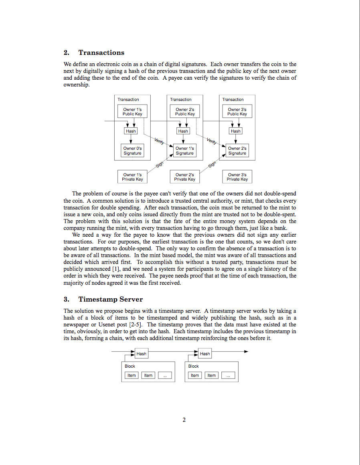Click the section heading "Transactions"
coord(101,53)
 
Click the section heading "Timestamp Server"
coord(110,300)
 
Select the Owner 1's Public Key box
coord(132,112)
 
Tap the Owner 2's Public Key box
coord(185,112)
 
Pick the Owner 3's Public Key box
coord(237,112)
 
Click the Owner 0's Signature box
coord(132,151)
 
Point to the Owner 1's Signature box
coord(185,151)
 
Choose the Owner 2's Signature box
coord(237,151)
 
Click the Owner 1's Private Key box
coord(132,177)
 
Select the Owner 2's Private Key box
coord(185,177)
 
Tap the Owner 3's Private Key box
coord(237,177)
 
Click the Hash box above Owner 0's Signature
coord(131,131)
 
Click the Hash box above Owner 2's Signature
coord(236,131)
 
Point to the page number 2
coord(184,420)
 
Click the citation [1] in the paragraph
coord(116,269)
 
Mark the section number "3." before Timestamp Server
coord(67,300)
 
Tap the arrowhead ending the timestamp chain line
coord(246,352)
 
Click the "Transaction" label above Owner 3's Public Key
coord(233,100)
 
